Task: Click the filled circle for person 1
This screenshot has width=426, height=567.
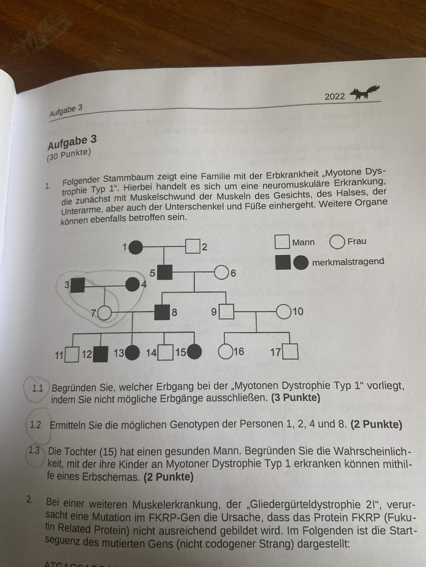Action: tap(136, 247)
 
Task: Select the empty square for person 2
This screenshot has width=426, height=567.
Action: tap(193, 246)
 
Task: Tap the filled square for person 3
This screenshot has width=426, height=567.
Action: tap(78, 285)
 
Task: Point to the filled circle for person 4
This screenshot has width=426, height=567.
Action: tap(132, 285)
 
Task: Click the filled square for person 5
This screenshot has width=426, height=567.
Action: tap(165, 272)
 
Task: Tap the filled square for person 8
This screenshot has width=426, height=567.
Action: tap(162, 312)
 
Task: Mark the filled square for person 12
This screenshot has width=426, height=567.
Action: tap(100, 354)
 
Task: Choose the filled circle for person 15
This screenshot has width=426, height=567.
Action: tap(194, 352)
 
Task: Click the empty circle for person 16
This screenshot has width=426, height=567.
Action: tap(225, 352)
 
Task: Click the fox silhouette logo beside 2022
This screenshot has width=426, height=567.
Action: tap(365, 93)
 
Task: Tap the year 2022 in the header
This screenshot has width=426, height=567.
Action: tap(335, 97)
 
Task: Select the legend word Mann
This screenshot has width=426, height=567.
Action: tap(303, 242)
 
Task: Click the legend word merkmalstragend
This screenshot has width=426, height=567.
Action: tap(348, 262)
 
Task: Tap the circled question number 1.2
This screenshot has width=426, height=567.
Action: tap(36, 425)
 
